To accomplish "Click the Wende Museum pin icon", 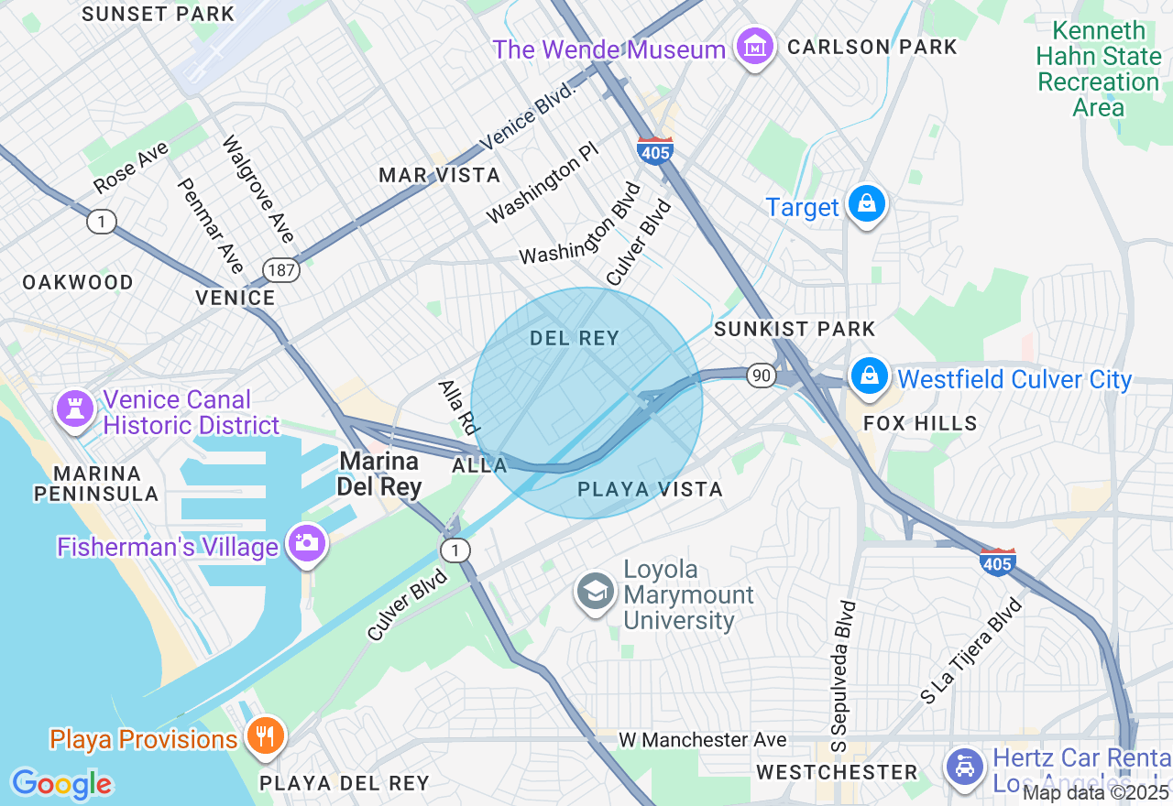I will coord(755,48).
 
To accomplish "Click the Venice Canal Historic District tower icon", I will coord(74,408).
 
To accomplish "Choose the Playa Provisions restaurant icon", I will coord(264,736).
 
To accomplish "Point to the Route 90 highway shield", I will coord(761,375).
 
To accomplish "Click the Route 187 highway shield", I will coord(280,269).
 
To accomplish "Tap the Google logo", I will coord(61,784).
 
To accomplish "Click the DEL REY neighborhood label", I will coord(575,339).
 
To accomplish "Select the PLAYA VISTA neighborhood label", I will coord(650,490).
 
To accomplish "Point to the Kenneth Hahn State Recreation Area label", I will coord(1098,70).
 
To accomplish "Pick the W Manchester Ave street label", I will coord(702,739).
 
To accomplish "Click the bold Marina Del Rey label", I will coord(378,474).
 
